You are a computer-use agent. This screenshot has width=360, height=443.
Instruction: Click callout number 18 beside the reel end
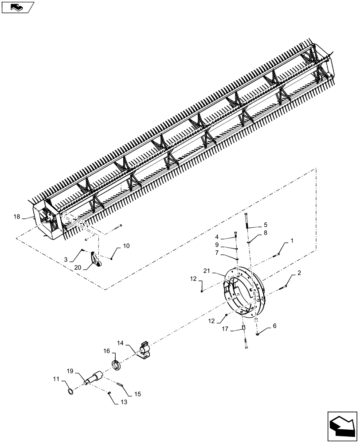(17, 217)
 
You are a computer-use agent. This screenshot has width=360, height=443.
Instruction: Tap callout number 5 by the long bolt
(266, 225)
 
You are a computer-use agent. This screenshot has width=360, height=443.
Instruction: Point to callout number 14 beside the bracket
(121, 343)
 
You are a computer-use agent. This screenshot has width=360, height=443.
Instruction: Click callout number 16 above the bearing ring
(106, 350)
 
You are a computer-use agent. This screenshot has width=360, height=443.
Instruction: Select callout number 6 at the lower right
(274, 326)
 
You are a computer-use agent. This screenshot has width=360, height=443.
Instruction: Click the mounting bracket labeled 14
(144, 350)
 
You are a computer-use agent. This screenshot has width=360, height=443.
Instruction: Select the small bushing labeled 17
(243, 328)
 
